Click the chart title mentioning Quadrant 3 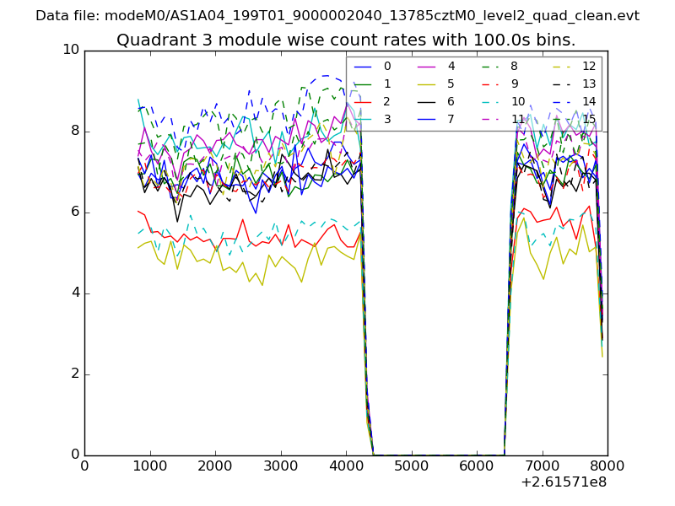pyautogui.click(x=346, y=40)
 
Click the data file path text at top pyautogui.click(x=337, y=16)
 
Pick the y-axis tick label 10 pyautogui.click(x=71, y=50)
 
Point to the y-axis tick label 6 pyautogui.click(x=74, y=213)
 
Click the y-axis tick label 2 pyautogui.click(x=74, y=374)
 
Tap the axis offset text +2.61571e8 pyautogui.click(x=562, y=482)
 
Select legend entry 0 pyautogui.click(x=387, y=67)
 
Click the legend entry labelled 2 pyautogui.click(x=387, y=101)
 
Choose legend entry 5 pyautogui.click(x=451, y=84)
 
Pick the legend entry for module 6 pyautogui.click(x=451, y=101)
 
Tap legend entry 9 pyautogui.click(x=515, y=84)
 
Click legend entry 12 pyautogui.click(x=588, y=67)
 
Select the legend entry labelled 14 pyautogui.click(x=588, y=101)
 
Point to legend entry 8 pyautogui.click(x=515, y=67)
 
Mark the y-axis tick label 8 pyautogui.click(x=74, y=131)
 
